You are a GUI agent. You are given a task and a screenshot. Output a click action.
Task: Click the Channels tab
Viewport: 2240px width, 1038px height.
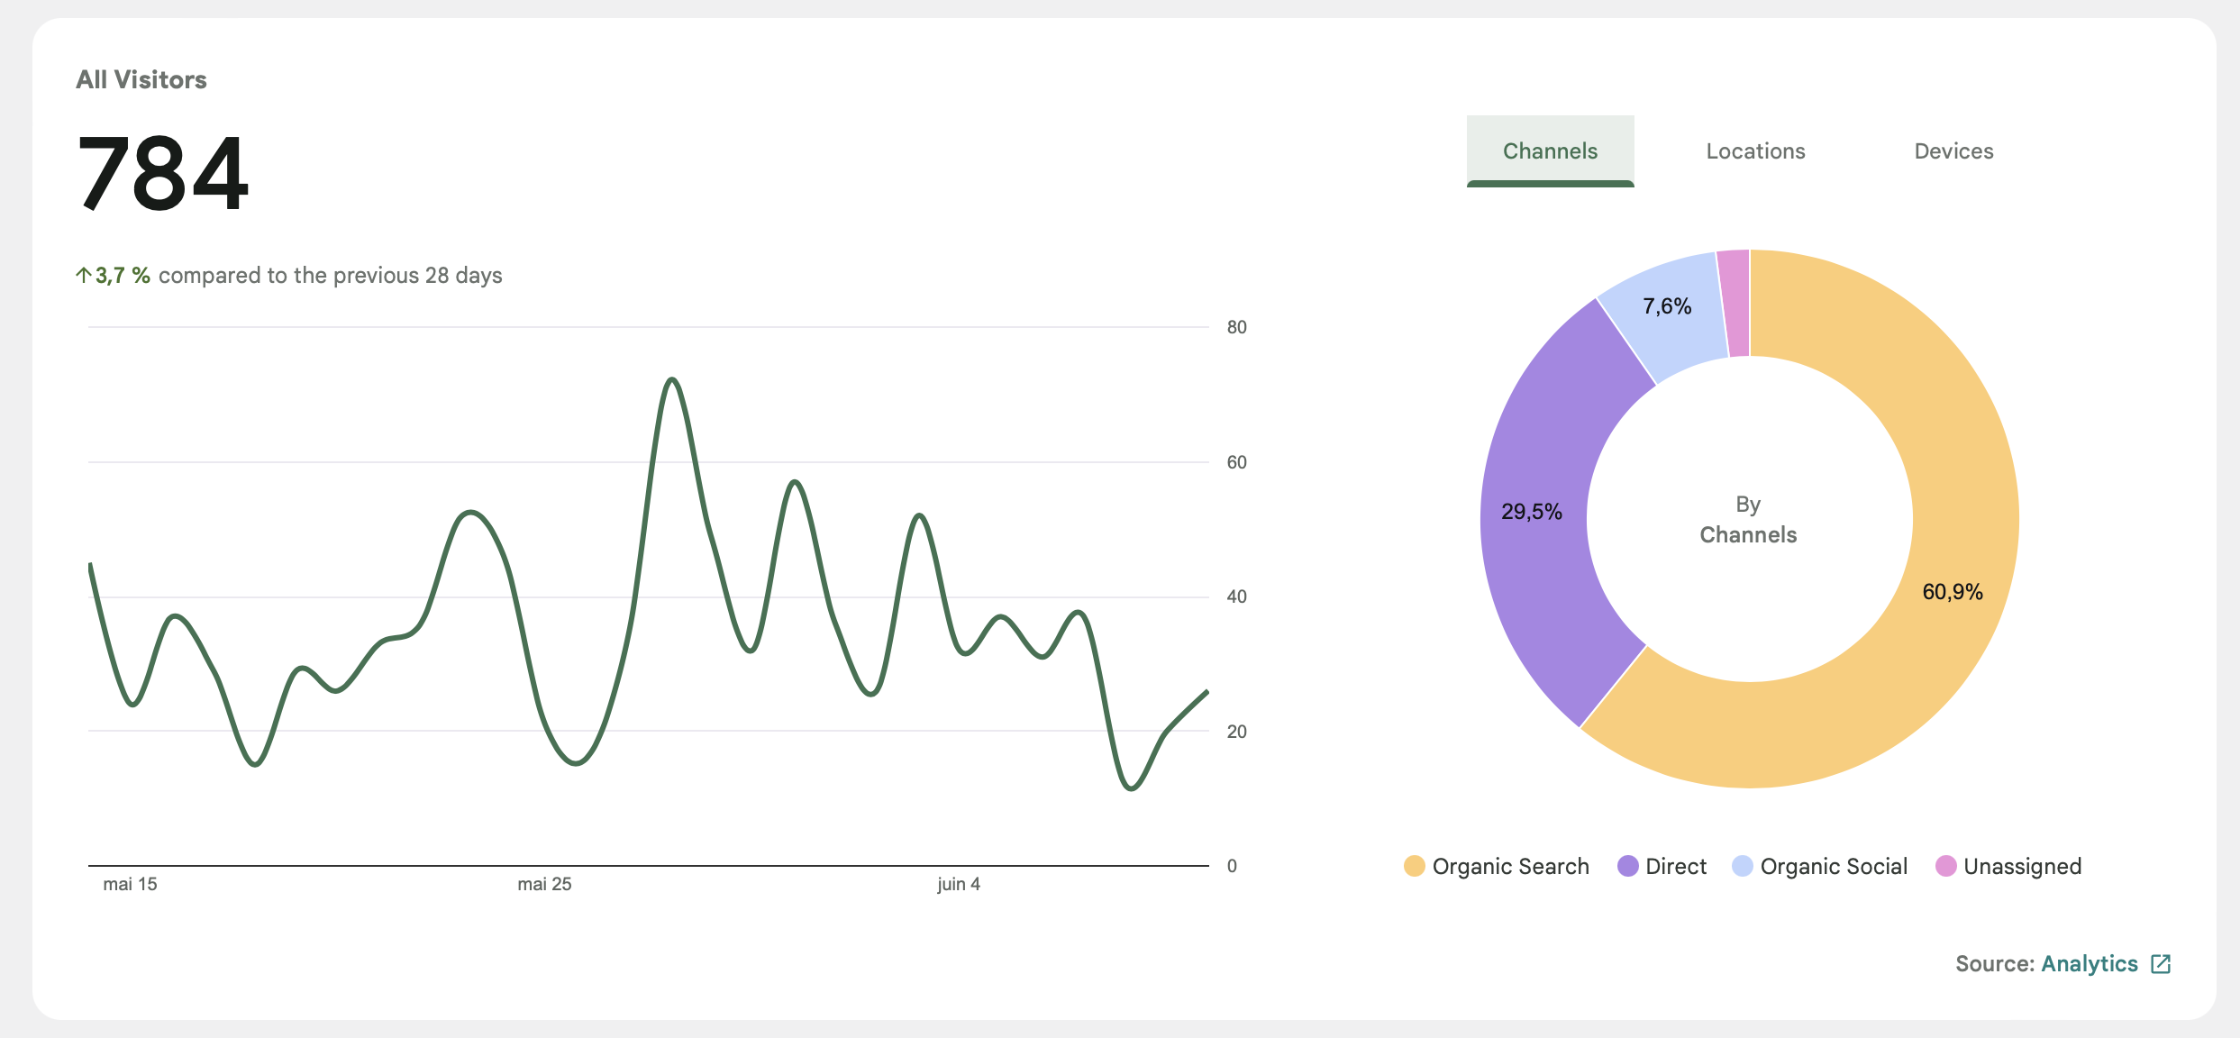(1550, 150)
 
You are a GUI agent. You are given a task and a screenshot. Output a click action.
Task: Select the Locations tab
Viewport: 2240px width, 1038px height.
(1755, 150)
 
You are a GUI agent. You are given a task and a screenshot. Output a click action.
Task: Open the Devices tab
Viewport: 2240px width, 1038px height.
(1953, 150)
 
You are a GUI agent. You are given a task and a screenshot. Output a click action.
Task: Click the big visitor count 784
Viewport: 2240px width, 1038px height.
(163, 172)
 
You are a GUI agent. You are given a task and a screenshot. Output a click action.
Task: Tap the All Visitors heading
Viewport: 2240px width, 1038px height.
(141, 79)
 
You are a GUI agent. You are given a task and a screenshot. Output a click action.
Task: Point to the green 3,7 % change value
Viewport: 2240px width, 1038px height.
(123, 275)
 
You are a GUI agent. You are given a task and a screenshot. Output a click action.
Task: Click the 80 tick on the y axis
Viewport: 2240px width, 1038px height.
(1236, 327)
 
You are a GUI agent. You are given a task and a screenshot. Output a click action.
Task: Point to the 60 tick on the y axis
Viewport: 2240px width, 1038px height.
(1236, 462)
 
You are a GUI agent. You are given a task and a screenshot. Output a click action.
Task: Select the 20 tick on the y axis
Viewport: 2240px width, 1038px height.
(1236, 732)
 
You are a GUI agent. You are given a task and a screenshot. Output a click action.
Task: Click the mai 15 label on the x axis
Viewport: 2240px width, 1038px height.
(130, 884)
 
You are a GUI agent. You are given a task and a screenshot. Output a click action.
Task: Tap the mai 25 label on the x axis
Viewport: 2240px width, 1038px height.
(544, 884)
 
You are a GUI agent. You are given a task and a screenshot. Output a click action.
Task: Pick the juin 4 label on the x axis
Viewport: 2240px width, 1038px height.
(959, 884)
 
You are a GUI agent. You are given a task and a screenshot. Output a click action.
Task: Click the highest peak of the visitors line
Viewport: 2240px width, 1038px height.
(671, 380)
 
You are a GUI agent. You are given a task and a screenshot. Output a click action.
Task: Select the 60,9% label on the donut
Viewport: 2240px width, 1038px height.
(1953, 592)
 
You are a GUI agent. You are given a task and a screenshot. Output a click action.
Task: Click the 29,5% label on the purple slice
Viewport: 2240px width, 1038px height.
(1532, 512)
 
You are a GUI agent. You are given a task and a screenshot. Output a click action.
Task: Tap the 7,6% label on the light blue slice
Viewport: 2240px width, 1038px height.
(1667, 306)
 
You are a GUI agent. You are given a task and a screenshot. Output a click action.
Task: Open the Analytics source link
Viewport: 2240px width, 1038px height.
(2090, 963)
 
